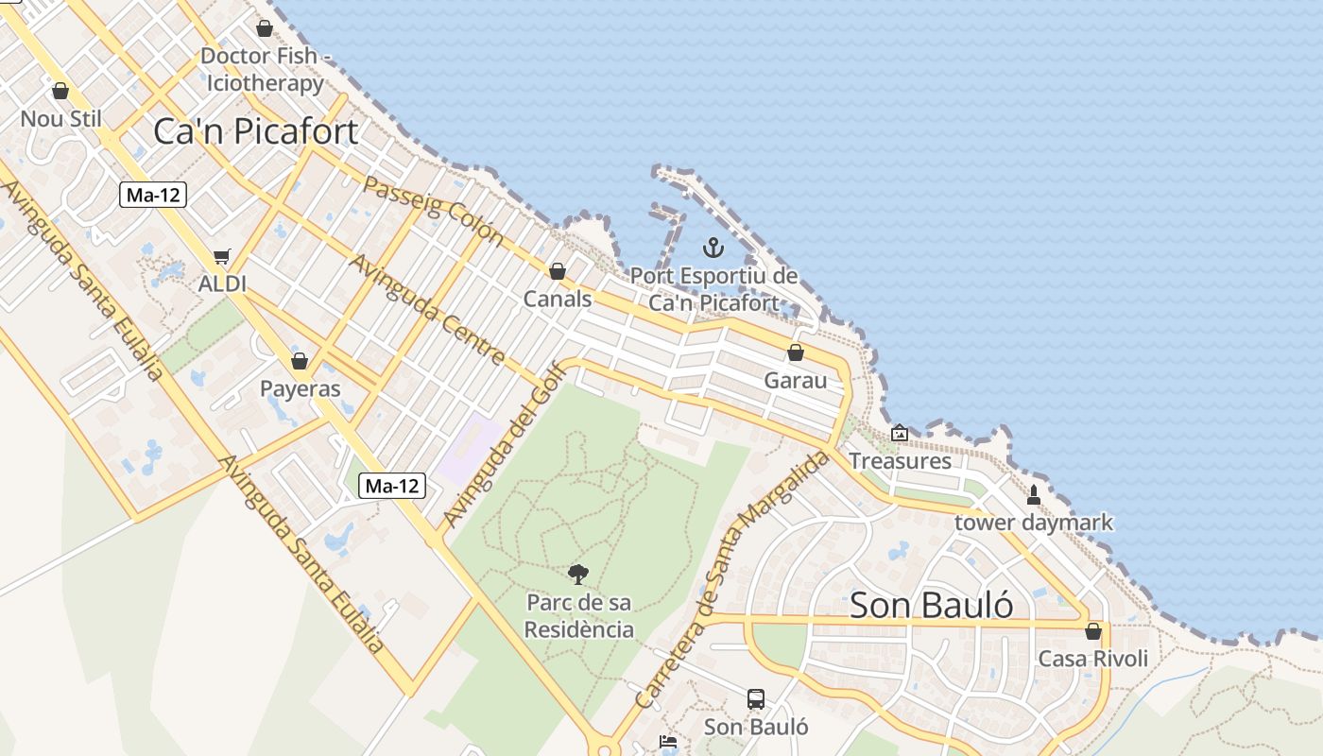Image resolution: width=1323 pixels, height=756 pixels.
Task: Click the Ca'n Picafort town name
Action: [255, 131]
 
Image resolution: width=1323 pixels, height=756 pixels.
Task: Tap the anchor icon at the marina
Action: [713, 249]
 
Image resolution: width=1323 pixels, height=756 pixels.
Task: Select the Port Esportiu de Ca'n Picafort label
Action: [713, 290]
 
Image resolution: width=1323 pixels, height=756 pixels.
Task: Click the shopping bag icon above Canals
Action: [558, 271]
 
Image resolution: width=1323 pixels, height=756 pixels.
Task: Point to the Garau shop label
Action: [795, 381]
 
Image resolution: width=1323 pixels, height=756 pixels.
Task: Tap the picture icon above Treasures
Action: [900, 434]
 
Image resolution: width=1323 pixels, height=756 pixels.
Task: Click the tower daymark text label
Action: [1034, 523]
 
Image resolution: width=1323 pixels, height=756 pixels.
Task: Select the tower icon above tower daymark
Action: [1034, 494]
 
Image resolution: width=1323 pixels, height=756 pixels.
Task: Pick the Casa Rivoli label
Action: [1093, 659]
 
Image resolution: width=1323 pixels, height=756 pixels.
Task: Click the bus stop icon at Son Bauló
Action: [756, 699]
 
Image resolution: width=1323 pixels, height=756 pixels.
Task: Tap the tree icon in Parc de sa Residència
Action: [578, 574]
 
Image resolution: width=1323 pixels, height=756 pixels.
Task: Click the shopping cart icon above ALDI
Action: [222, 256]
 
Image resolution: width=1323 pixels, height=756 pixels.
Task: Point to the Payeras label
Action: [300, 389]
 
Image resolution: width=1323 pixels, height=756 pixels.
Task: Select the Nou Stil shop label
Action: [60, 119]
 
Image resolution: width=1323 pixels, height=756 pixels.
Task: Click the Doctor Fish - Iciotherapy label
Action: [266, 69]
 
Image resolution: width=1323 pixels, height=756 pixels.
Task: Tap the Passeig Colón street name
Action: [432, 211]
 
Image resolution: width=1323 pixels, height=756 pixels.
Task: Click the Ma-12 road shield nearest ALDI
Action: [154, 196]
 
